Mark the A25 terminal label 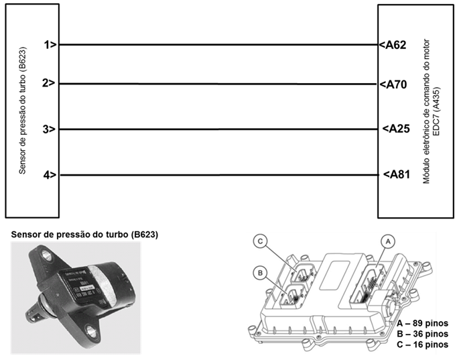pos(394,129)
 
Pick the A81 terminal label pos(394,175)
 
